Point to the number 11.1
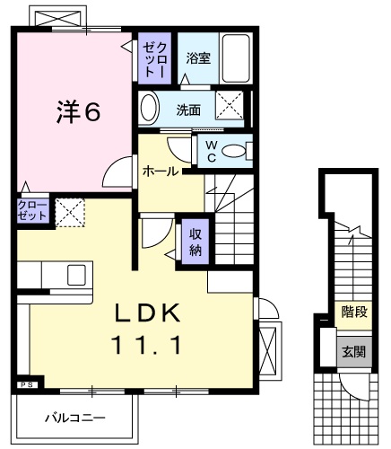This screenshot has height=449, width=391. point(147,343)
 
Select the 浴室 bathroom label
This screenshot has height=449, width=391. point(197,59)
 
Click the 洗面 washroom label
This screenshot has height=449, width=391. point(188,110)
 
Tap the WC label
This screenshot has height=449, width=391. point(209,150)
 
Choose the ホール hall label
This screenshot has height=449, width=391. point(160,169)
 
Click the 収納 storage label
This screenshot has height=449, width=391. point(195,242)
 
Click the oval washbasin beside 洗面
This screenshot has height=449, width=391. point(150,107)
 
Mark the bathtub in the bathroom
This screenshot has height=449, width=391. point(235,57)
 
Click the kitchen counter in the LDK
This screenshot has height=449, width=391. point(54,273)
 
